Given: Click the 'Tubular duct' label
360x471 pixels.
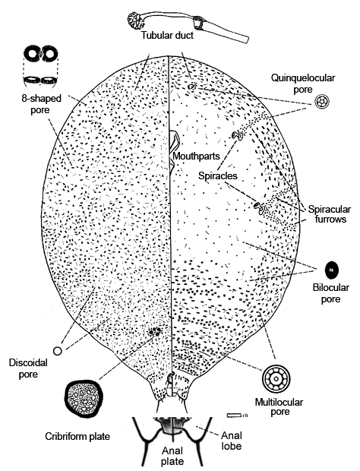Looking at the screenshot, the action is click(x=167, y=35).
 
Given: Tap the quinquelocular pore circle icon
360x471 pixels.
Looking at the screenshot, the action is click(x=322, y=102).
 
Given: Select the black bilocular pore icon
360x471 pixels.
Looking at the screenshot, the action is click(x=331, y=270).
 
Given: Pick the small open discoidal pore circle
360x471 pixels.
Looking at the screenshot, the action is click(x=58, y=350).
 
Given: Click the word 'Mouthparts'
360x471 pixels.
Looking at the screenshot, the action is click(x=197, y=156).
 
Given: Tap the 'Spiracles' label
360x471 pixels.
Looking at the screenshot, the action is click(x=218, y=175).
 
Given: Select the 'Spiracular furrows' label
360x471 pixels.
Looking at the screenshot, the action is click(x=330, y=214).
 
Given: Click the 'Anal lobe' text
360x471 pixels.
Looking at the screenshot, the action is click(x=232, y=441).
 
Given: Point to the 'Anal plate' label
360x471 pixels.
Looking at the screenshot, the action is click(x=172, y=456).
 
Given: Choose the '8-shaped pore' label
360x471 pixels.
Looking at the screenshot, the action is click(x=41, y=104).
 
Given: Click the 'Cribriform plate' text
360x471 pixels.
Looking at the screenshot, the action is click(x=77, y=436).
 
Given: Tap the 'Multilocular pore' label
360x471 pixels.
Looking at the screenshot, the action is click(x=279, y=406).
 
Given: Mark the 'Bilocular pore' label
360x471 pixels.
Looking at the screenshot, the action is click(x=331, y=293).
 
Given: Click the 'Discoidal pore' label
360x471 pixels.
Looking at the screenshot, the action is click(x=28, y=368).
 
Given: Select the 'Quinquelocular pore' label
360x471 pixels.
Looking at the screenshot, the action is click(x=303, y=84).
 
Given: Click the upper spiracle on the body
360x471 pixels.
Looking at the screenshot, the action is click(x=238, y=136).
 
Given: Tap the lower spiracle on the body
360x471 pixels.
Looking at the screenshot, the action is click(x=259, y=208).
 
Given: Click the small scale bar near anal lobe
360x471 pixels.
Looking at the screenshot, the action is click(x=237, y=415).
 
